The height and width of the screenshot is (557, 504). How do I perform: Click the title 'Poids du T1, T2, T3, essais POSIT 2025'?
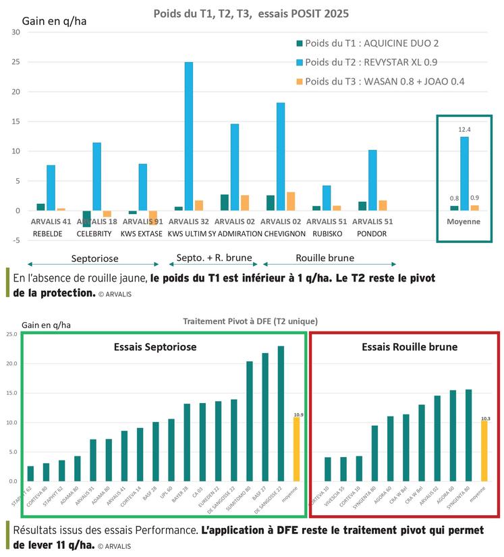click(x=251, y=14)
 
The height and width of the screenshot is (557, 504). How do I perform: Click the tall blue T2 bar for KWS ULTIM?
click(x=189, y=136)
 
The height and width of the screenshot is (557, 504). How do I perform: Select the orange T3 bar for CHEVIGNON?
click(x=291, y=201)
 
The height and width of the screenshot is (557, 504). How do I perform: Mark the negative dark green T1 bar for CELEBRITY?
click(x=86, y=218)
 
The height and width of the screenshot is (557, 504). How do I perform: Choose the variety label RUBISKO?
click(x=327, y=233)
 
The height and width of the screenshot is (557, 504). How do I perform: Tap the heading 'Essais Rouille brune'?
click(x=400, y=348)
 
